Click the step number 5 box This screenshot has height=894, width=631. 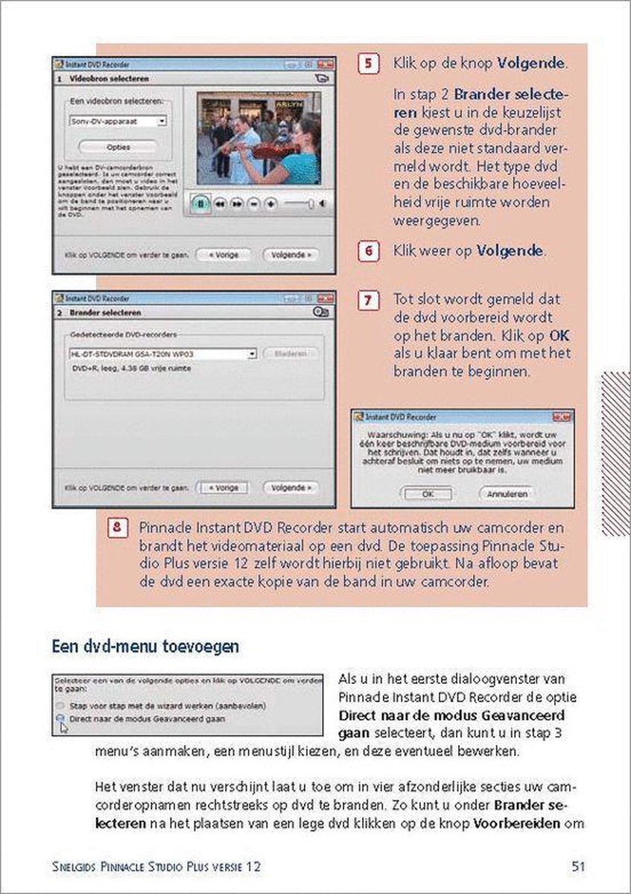click(367, 64)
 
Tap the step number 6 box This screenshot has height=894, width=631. click(367, 251)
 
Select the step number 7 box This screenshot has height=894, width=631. click(367, 300)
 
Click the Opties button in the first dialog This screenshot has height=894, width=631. click(118, 147)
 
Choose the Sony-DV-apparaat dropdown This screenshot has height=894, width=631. click(118, 120)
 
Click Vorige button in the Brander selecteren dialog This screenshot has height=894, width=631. click(224, 488)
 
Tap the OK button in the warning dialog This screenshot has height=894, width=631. click(427, 493)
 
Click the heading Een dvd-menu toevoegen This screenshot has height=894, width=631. click(145, 647)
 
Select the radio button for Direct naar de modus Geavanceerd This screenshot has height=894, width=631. click(60, 719)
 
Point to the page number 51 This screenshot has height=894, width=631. click(577, 866)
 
